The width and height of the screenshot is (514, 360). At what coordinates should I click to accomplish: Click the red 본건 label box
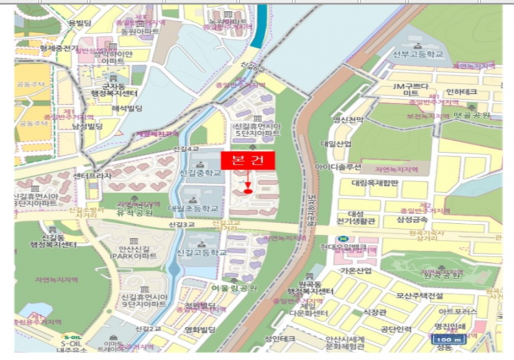click(247, 161)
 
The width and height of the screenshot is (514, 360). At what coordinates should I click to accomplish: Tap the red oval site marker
click(248, 190)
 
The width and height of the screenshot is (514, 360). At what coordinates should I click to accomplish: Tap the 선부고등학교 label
click(418, 54)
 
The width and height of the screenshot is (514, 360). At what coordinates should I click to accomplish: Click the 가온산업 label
click(356, 271)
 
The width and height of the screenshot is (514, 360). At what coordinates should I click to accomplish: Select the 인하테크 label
click(460, 91)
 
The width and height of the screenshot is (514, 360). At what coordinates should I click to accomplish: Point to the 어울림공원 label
click(235, 288)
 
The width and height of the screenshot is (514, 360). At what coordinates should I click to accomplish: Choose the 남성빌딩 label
click(87, 127)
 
